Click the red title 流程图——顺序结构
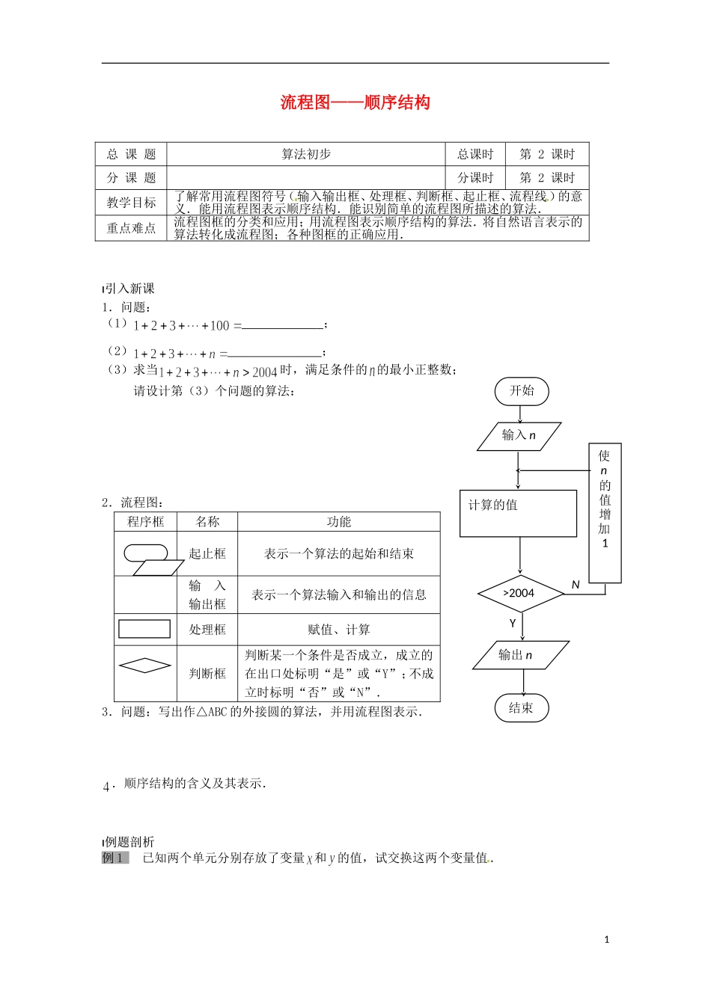coord(355,102)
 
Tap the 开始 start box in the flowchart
coord(522,391)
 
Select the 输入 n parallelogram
coord(519,435)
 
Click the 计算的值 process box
coord(518,513)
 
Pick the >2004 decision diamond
coord(520,594)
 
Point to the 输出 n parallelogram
coord(520,655)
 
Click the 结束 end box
coord(522,708)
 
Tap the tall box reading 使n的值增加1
coord(605,513)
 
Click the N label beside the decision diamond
coord(576,585)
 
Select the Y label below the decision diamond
coord(513,623)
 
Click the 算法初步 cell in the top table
coord(305,154)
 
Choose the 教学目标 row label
coord(131,202)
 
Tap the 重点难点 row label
coord(131,228)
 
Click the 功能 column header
coord(338,522)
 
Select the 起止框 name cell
coord(207,553)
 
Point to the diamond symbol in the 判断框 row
coord(145,665)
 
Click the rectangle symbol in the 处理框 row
coord(145,629)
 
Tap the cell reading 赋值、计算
coord(338,630)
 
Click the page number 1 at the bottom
coord(606,939)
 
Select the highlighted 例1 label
coord(115,858)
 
